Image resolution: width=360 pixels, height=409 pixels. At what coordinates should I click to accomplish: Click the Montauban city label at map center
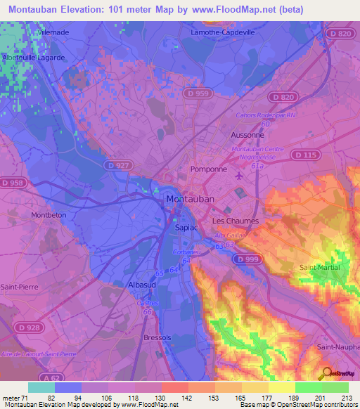[x=190, y=200]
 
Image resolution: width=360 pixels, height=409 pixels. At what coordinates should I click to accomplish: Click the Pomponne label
[x=210, y=170]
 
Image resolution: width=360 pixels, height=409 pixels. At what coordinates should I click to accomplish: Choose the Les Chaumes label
[x=236, y=221]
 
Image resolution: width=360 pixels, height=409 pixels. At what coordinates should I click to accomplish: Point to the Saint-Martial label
[x=320, y=268]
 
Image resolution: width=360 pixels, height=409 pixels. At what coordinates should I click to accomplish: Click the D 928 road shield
[x=30, y=328]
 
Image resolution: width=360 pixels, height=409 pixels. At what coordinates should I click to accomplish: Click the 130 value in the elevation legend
[x=162, y=397]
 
